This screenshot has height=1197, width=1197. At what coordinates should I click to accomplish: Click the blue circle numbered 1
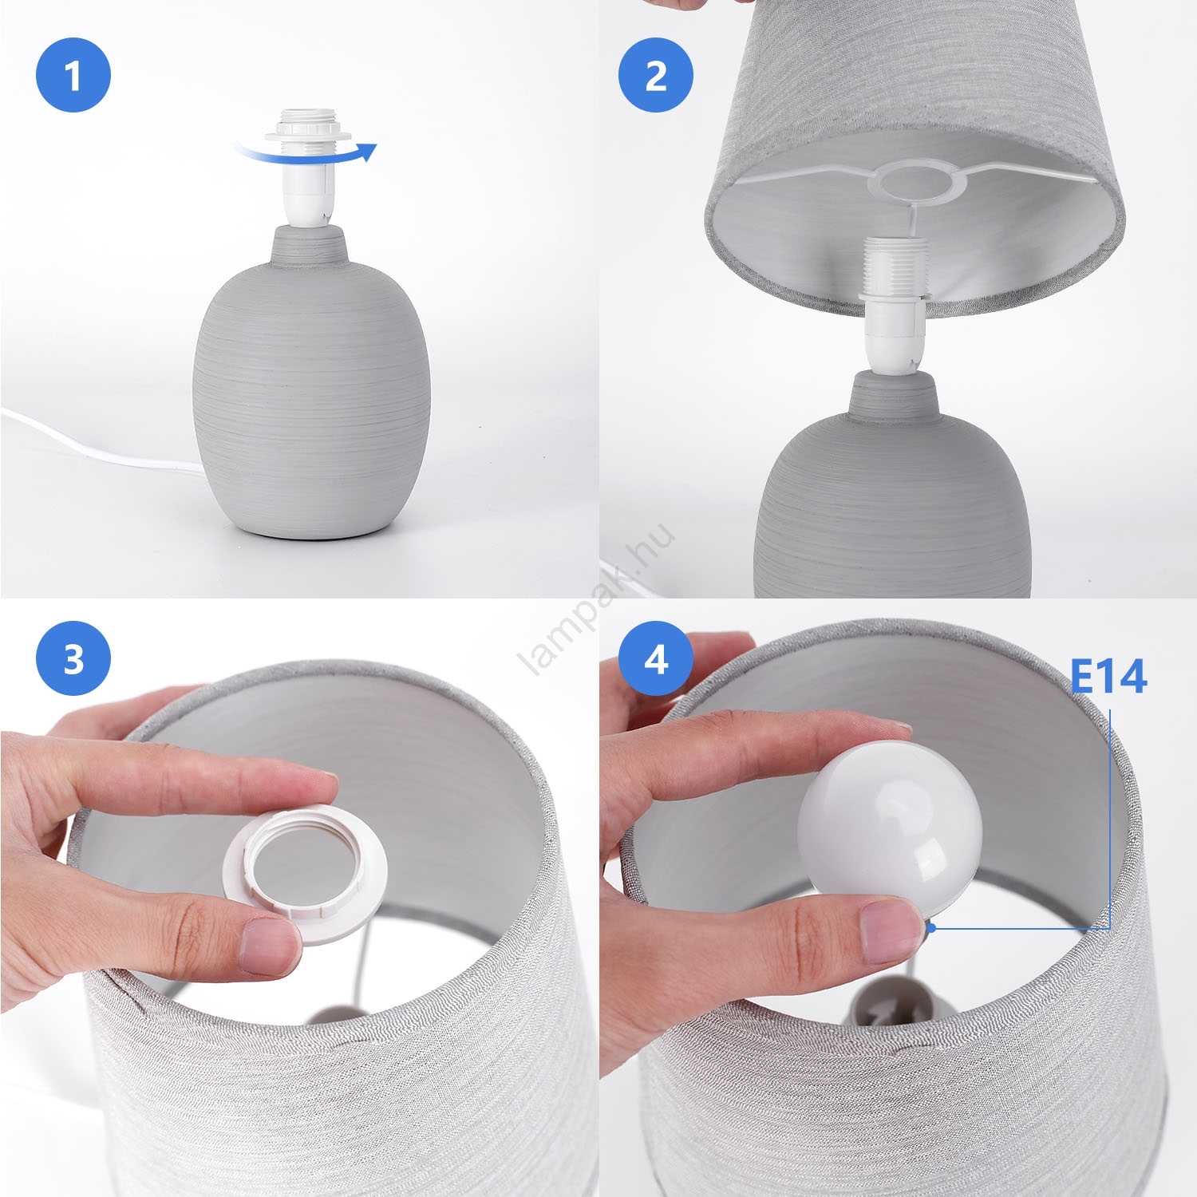coord(73,76)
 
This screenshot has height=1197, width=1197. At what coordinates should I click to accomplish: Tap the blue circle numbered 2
coord(656,76)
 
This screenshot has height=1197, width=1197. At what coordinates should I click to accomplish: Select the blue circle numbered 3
coord(73,659)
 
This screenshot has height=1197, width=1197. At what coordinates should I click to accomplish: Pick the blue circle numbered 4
coord(656,659)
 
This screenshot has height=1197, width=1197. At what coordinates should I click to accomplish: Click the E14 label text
coord(1108,677)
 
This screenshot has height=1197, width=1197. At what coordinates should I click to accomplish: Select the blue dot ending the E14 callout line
coord(931,928)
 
